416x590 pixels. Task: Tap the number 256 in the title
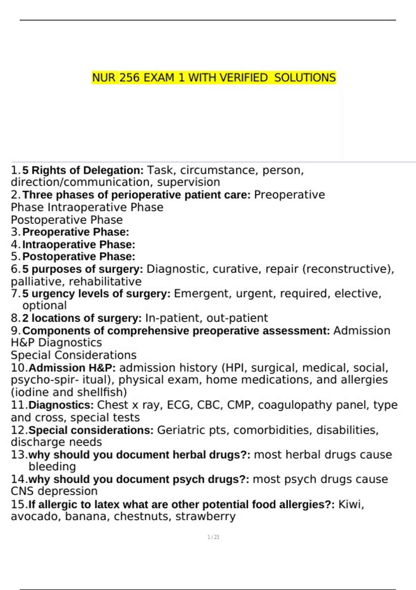130,77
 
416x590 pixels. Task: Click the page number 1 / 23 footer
213,537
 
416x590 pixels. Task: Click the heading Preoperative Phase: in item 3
76,232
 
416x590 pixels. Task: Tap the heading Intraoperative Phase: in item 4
79,245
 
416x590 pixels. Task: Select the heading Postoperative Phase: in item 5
79,256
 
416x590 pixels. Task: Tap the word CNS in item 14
23,491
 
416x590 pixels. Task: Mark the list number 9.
16,331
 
